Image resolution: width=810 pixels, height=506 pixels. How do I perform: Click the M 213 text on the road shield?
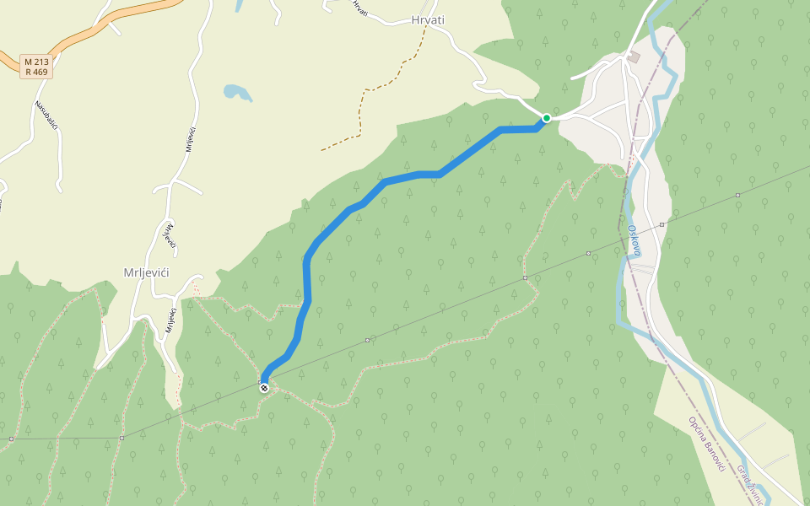[37, 62]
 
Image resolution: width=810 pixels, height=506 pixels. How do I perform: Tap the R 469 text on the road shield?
[37, 73]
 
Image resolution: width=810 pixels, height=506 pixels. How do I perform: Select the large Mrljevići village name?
[147, 272]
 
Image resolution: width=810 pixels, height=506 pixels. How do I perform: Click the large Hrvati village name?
[427, 20]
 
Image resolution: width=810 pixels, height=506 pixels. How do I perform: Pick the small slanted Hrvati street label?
[360, 8]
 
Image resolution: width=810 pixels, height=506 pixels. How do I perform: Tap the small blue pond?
[236, 92]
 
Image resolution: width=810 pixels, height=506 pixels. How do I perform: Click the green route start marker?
[547, 118]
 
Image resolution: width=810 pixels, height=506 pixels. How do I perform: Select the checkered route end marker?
[264, 388]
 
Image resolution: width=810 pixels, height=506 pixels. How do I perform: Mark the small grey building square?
[634, 57]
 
